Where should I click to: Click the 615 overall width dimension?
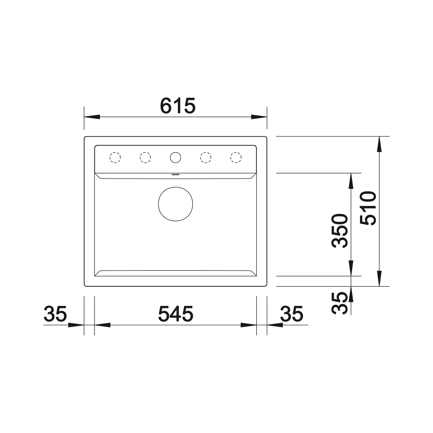click(x=177, y=106)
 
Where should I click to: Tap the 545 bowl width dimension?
click(x=176, y=314)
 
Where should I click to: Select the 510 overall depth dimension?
click(x=368, y=208)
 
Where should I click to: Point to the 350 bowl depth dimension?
click(x=340, y=231)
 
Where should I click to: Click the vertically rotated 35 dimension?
click(x=340, y=303)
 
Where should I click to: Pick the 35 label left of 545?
click(x=55, y=314)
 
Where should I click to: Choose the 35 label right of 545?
click(x=292, y=314)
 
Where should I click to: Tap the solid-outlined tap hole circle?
click(x=175, y=157)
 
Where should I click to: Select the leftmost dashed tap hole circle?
click(x=115, y=157)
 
